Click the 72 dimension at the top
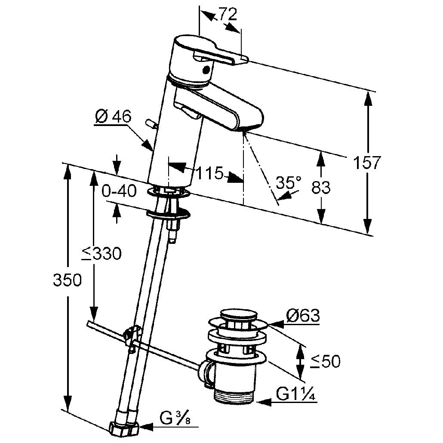pos(228,14)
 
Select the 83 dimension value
pos(321,187)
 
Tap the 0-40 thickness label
pos(119,191)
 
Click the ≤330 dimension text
pos(101,253)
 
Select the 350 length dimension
pos(68,280)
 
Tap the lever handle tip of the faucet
pos(243,58)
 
